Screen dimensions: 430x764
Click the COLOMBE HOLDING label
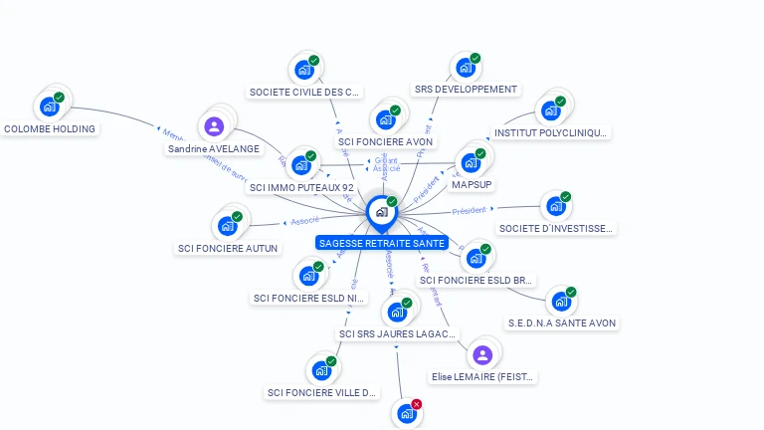coord(50,128)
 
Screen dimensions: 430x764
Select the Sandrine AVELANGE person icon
coord(214,126)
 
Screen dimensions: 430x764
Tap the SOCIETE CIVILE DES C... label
coord(304,92)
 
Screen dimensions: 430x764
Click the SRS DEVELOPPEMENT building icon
coord(464,69)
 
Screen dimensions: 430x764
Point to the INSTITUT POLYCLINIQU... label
coord(551,132)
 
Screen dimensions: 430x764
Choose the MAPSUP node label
coord(473,185)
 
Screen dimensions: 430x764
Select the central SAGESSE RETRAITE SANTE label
coord(382,243)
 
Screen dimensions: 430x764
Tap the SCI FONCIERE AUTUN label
coord(228,248)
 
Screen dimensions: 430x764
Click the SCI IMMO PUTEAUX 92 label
coord(301,187)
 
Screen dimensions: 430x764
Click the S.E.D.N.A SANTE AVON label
coord(562,322)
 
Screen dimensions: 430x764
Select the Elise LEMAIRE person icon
coord(482,355)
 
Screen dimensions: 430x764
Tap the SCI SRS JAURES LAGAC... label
coord(398,333)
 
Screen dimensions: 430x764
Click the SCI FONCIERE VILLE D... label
coord(322,392)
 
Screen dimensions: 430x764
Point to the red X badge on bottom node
coord(417,404)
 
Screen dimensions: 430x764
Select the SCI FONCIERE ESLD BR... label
coord(477,280)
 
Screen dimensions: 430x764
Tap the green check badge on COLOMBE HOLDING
coord(59,98)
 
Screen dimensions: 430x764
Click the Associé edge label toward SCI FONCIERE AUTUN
coord(304,220)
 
